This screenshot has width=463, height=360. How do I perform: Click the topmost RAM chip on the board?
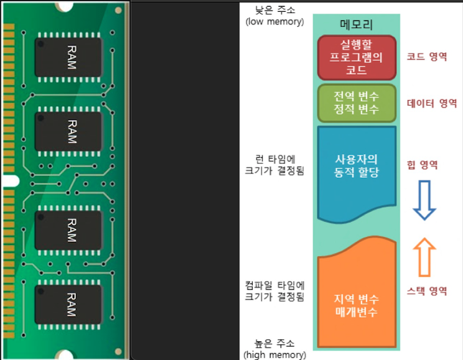pos(68,57)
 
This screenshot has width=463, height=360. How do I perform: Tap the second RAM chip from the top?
pos(68,129)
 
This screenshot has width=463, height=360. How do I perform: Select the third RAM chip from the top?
pos(68,230)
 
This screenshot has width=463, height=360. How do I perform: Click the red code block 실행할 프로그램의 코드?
pos(357,57)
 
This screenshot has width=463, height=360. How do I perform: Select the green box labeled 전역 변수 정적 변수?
pos(357,103)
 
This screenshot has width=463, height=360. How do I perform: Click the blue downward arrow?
pos(425,199)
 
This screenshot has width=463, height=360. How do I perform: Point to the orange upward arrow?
pos(425,257)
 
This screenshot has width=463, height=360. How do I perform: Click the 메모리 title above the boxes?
pos(357,25)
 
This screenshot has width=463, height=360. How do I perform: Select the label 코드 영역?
pos(427,57)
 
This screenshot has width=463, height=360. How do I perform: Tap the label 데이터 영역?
pos(432,103)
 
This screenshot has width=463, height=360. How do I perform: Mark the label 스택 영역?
pos(427,291)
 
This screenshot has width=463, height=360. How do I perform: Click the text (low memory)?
pos(275,22)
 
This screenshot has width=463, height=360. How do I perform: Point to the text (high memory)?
pos(275,355)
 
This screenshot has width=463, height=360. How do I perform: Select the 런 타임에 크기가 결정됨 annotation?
pos(275,165)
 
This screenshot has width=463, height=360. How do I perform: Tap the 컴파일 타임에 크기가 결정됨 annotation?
pos(275,291)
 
